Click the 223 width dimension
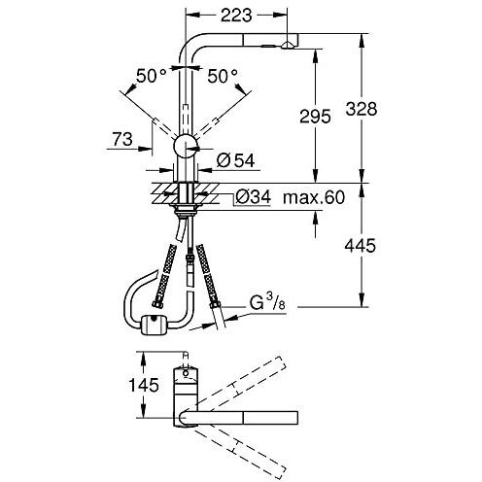(236, 15)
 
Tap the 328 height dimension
(361, 109)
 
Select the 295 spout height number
(315, 117)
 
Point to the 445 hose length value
(361, 245)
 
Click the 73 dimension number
(122, 139)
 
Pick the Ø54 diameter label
(236, 160)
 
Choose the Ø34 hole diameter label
(253, 196)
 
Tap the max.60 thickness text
(314, 197)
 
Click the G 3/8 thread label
(267, 302)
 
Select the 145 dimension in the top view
(144, 385)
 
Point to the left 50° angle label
(152, 76)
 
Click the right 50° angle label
(223, 76)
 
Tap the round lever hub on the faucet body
(186, 146)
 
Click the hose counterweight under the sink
(154, 325)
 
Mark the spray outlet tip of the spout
(288, 46)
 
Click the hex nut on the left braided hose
(156, 304)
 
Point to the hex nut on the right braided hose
(215, 304)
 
